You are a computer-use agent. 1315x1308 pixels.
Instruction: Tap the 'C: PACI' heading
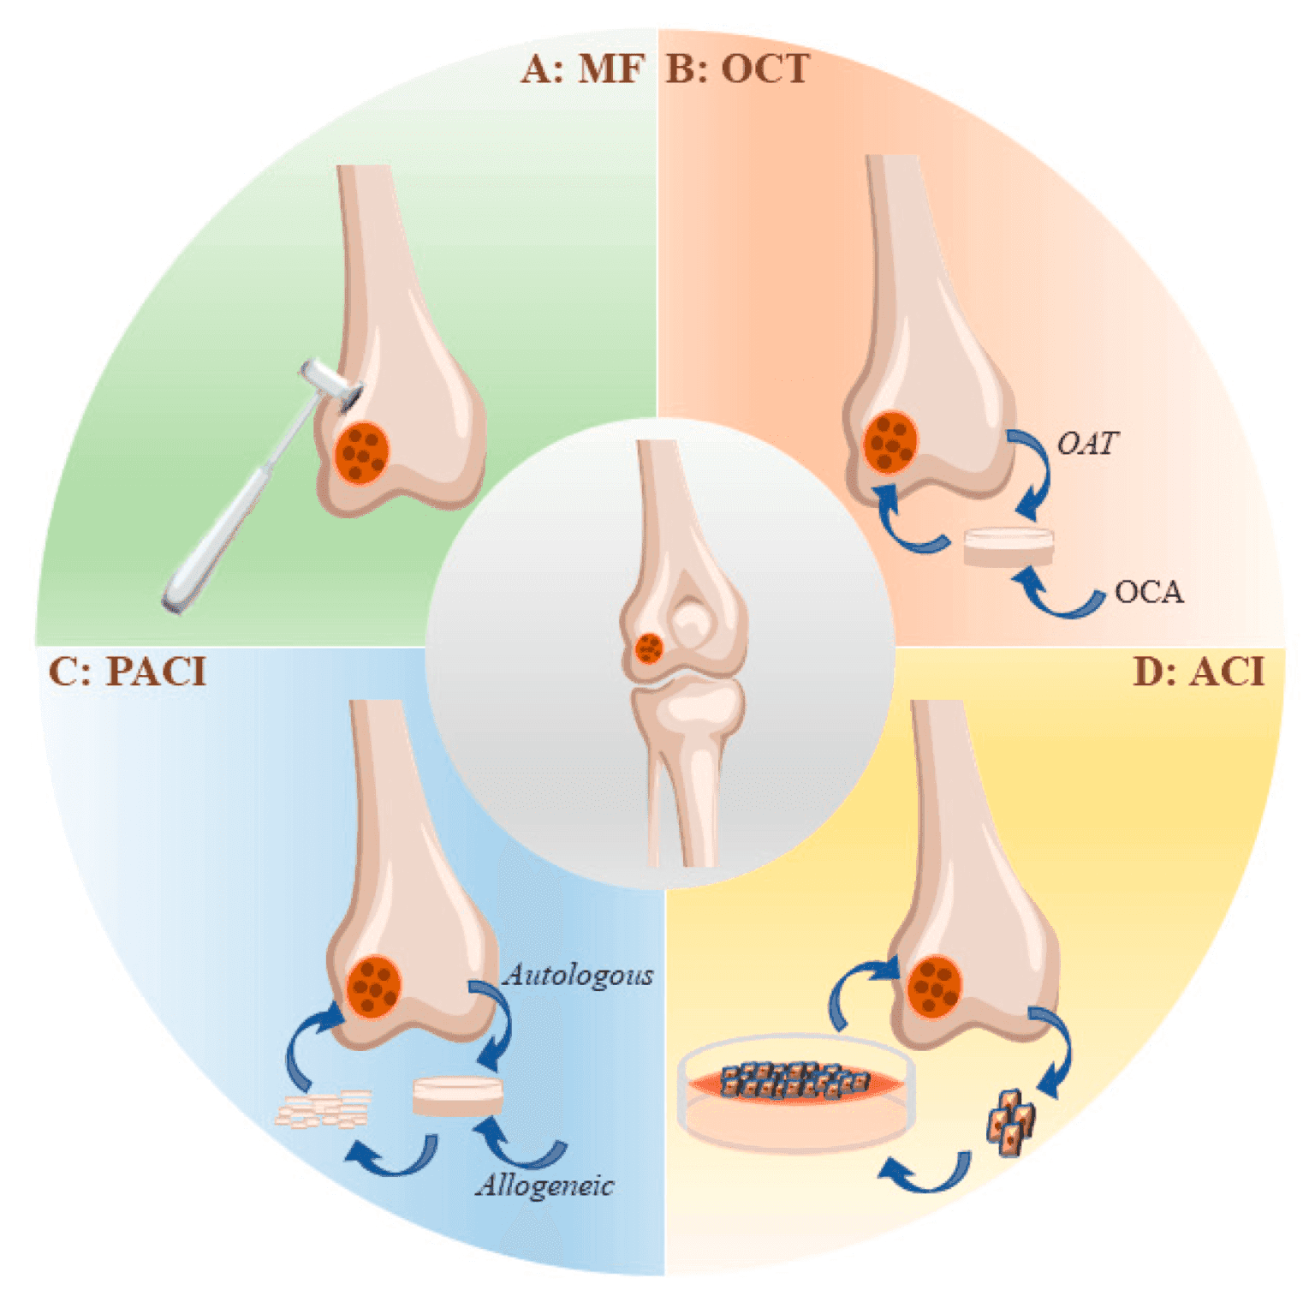[x=128, y=672]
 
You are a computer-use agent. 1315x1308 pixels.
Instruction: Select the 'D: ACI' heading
[x=1199, y=672]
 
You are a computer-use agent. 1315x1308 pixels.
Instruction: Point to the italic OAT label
[x=1087, y=444]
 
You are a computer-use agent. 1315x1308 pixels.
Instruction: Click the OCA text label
[x=1149, y=593]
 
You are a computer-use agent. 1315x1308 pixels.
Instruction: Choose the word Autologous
[x=579, y=975]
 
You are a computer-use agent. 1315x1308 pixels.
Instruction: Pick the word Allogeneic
[x=545, y=1186]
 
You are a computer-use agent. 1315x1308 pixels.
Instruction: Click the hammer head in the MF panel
[x=330, y=383]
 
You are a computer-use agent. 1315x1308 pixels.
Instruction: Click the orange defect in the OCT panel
[x=890, y=442]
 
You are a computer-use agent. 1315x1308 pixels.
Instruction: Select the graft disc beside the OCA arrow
[x=1009, y=546]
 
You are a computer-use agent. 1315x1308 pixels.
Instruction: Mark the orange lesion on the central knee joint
[x=649, y=648]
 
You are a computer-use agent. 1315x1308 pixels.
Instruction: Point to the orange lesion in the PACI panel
[x=374, y=985]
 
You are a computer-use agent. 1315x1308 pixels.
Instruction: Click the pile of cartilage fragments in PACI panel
[x=324, y=1109]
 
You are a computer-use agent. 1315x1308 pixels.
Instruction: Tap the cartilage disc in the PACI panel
[x=457, y=1096]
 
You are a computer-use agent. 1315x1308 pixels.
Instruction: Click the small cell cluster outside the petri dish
[x=1011, y=1122]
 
